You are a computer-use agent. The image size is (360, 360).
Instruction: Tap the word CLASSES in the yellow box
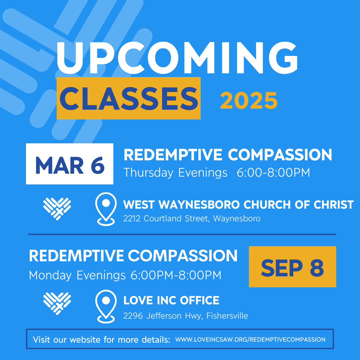129,98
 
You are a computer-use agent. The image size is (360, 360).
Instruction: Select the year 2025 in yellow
249,100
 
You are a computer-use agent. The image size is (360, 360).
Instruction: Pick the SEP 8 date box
292,267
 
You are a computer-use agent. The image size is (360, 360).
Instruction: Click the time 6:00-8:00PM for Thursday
273,173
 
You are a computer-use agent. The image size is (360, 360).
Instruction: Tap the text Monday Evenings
77,275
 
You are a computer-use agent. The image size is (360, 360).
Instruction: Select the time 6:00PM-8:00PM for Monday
176,275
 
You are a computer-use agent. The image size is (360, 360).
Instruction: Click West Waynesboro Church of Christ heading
238,204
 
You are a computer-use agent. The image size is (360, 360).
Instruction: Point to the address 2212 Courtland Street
192,219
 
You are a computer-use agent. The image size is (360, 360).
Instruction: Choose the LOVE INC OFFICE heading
171,300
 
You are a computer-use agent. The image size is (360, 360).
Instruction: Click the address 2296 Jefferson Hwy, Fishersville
185,316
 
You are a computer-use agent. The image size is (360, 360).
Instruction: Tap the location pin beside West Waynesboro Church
106,209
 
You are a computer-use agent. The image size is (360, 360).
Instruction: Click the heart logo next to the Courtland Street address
57,209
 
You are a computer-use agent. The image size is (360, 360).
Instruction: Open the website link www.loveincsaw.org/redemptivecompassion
250,340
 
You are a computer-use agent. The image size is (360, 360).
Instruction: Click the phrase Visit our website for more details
101,340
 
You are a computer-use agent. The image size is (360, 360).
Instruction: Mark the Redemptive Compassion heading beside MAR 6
228,155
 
